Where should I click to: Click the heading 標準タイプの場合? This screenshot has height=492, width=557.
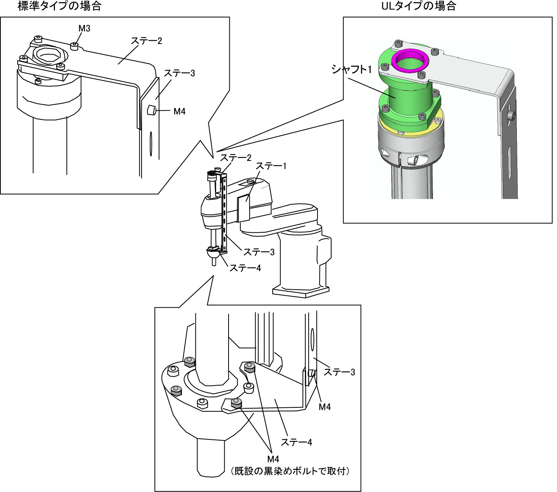(x=59, y=6)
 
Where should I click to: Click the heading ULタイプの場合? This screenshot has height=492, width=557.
(x=419, y=6)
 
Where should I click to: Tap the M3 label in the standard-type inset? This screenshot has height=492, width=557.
(x=84, y=28)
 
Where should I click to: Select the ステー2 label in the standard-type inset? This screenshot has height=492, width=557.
(x=146, y=41)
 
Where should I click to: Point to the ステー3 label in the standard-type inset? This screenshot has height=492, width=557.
(x=179, y=73)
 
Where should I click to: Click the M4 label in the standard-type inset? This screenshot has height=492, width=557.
(x=179, y=111)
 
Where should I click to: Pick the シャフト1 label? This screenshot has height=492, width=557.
(x=351, y=69)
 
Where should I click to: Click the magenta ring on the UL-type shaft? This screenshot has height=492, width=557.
(x=410, y=61)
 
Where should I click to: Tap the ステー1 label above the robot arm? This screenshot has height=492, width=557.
(x=271, y=166)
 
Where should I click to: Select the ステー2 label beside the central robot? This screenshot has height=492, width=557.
(x=236, y=158)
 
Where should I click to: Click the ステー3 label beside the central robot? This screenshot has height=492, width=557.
(x=259, y=252)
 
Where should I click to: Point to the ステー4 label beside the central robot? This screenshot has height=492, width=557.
(x=245, y=268)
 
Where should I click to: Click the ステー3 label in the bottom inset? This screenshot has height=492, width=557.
(x=339, y=372)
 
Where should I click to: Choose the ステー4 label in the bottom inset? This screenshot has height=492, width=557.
(x=296, y=442)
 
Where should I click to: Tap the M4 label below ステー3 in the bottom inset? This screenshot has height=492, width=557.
(x=325, y=407)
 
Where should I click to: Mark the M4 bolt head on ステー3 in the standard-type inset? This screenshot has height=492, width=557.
(x=151, y=110)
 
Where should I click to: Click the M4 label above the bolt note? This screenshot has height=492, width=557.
(x=273, y=459)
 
